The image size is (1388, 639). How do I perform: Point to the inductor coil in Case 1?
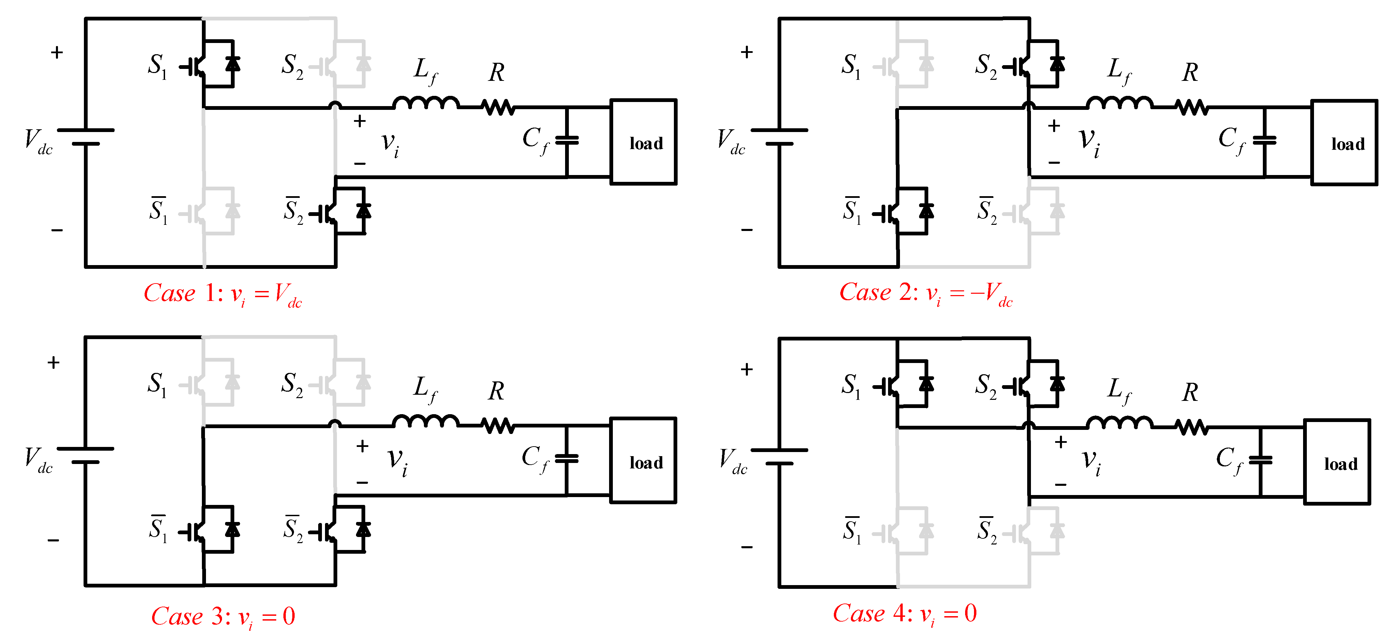pos(426,102)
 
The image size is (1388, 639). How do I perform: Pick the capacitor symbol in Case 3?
pos(566,459)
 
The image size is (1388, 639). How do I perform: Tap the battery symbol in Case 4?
pos(779,456)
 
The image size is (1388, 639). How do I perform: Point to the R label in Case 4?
pos(1190,393)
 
